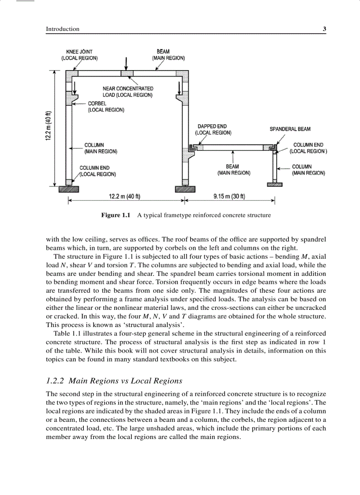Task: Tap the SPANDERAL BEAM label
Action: pos(290,129)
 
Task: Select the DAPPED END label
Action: pos(212,127)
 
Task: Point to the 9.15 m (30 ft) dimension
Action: pos(229,196)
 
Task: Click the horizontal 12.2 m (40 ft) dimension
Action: pos(125,196)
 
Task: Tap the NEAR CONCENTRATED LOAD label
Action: pos(128,89)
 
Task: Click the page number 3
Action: pos(324,29)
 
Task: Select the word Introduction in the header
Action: pos(63,29)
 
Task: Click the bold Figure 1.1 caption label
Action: pos(116,216)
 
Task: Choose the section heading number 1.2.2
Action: pos(56,381)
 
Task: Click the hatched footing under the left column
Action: pos(69,189)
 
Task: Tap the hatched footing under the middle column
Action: pos(185,189)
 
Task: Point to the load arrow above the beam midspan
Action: pos(127,63)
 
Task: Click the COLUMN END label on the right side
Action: pos(308,145)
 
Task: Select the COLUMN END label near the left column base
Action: pos(94,168)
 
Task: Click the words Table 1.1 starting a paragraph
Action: pos(67,334)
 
